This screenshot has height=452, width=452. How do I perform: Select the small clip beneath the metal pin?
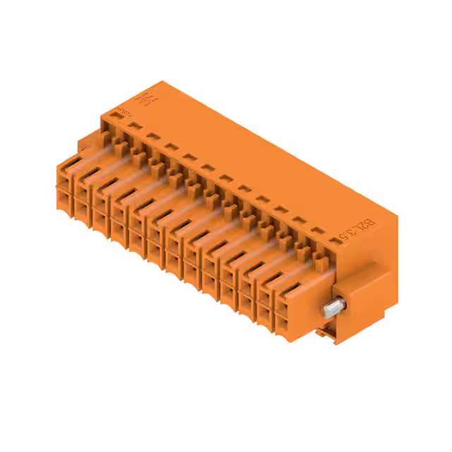[326, 331]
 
